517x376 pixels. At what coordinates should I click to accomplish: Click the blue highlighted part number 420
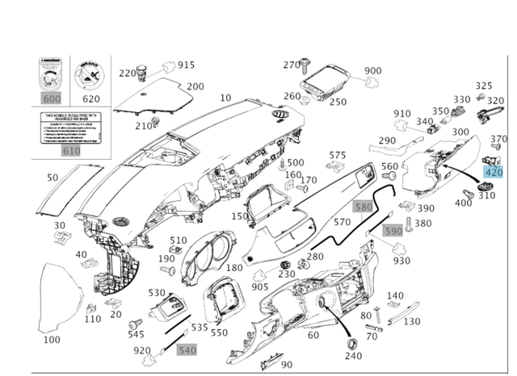[x=493, y=171]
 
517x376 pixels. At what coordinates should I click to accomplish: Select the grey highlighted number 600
[x=51, y=98]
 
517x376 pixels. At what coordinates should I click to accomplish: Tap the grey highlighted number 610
[x=70, y=151]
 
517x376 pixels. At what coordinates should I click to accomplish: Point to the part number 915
[x=186, y=65]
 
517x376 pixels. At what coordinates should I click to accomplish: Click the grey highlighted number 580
[x=364, y=207]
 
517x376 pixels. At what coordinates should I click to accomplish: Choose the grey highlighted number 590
[x=393, y=231]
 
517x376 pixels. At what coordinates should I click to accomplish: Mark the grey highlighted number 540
[x=187, y=350]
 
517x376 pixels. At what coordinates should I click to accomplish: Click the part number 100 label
[x=51, y=340]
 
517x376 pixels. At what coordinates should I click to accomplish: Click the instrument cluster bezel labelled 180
[x=208, y=252]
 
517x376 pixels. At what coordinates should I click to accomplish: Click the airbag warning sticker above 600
[x=51, y=76]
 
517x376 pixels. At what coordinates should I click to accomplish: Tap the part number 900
[x=372, y=71]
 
